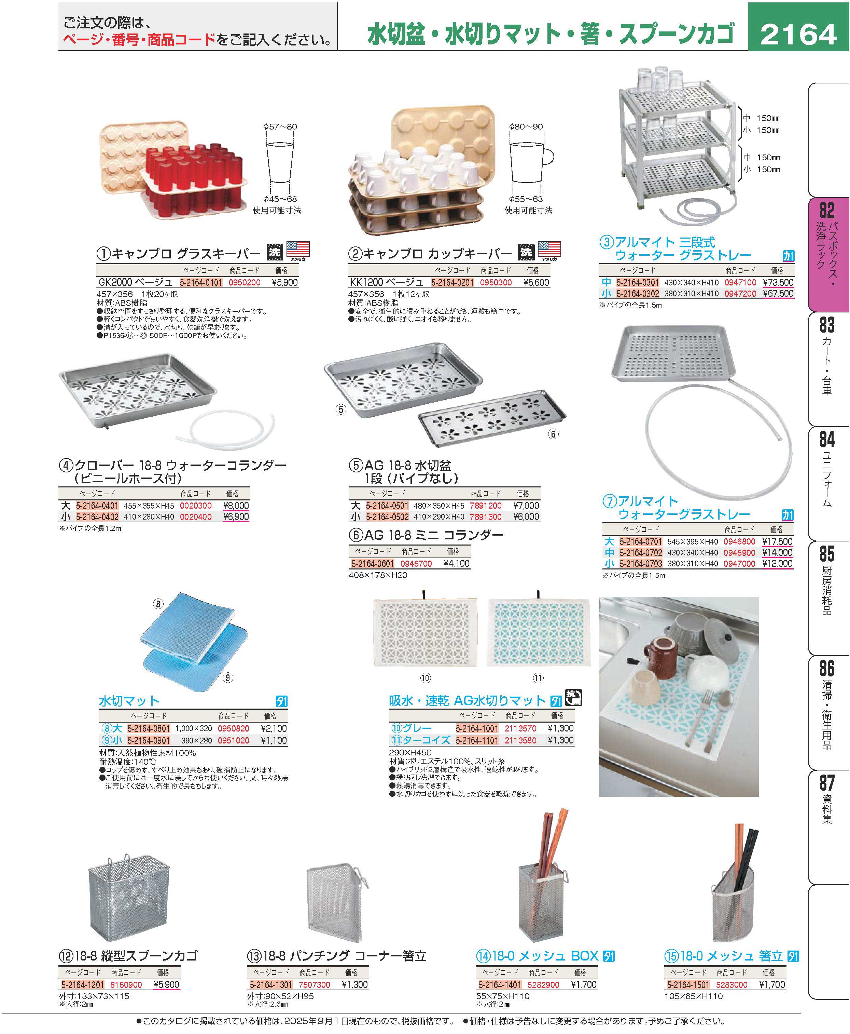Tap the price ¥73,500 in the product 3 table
click(778, 283)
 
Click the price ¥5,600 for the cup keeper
click(536, 283)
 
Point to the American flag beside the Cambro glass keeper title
click(298, 251)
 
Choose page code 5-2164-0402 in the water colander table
click(97, 517)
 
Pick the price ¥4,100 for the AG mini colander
click(456, 564)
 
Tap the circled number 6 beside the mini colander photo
click(553, 434)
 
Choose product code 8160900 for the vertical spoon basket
click(126, 985)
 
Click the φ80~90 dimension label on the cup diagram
click(526, 127)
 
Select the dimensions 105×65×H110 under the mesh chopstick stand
click(693, 997)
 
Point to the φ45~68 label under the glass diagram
click(280, 199)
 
